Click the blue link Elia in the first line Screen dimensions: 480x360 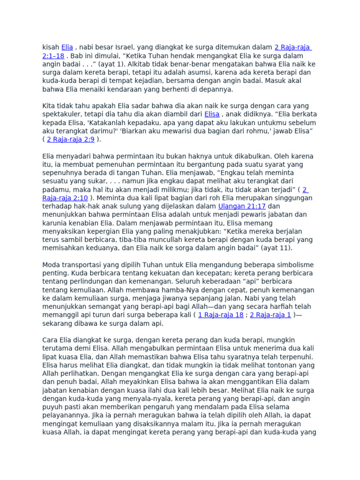tap(67, 47)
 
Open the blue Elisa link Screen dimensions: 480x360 tap(212, 114)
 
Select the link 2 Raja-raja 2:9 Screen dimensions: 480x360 tap(71, 139)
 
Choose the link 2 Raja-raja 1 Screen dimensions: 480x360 tap(270, 315)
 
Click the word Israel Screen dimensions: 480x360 tap(126, 47)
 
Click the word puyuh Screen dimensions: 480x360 tap(52, 407)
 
